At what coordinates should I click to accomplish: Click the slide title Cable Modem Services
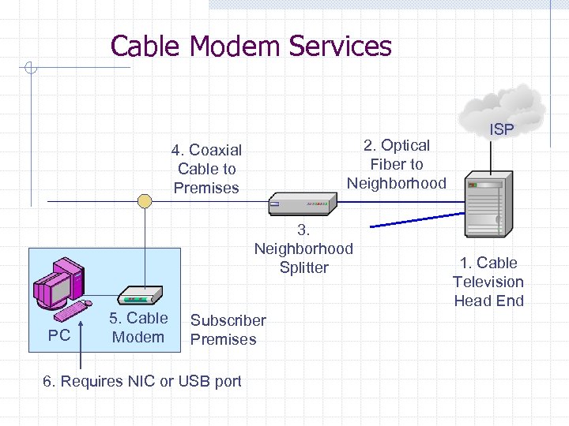[x=251, y=46]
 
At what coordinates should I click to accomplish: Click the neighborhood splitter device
[x=300, y=205]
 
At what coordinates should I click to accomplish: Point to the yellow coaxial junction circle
[x=145, y=201]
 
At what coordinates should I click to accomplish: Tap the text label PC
[x=59, y=335]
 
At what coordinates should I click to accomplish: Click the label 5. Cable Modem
[x=138, y=327]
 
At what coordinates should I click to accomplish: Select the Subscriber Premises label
[x=228, y=330]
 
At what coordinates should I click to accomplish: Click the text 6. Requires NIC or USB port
[x=142, y=381]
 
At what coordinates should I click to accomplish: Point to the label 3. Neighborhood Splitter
[x=303, y=248]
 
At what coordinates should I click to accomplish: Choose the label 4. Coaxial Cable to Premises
[x=207, y=169]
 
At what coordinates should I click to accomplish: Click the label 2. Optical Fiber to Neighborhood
[x=397, y=164]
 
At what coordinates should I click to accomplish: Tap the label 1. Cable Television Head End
[x=488, y=282]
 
